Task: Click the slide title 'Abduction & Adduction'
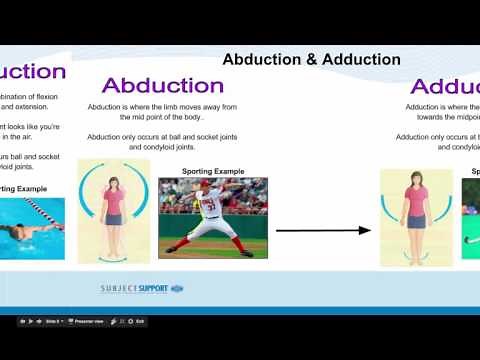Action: pos(311,60)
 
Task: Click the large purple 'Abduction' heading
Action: pos(163,86)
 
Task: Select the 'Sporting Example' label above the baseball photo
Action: pos(213,171)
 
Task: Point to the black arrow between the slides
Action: pos(322,231)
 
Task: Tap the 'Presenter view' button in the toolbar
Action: pos(90,321)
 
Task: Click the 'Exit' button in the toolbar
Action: pos(140,321)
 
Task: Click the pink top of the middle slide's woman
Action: pos(113,201)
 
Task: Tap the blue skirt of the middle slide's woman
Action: pos(113,219)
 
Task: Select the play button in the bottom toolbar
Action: pos(32,321)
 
